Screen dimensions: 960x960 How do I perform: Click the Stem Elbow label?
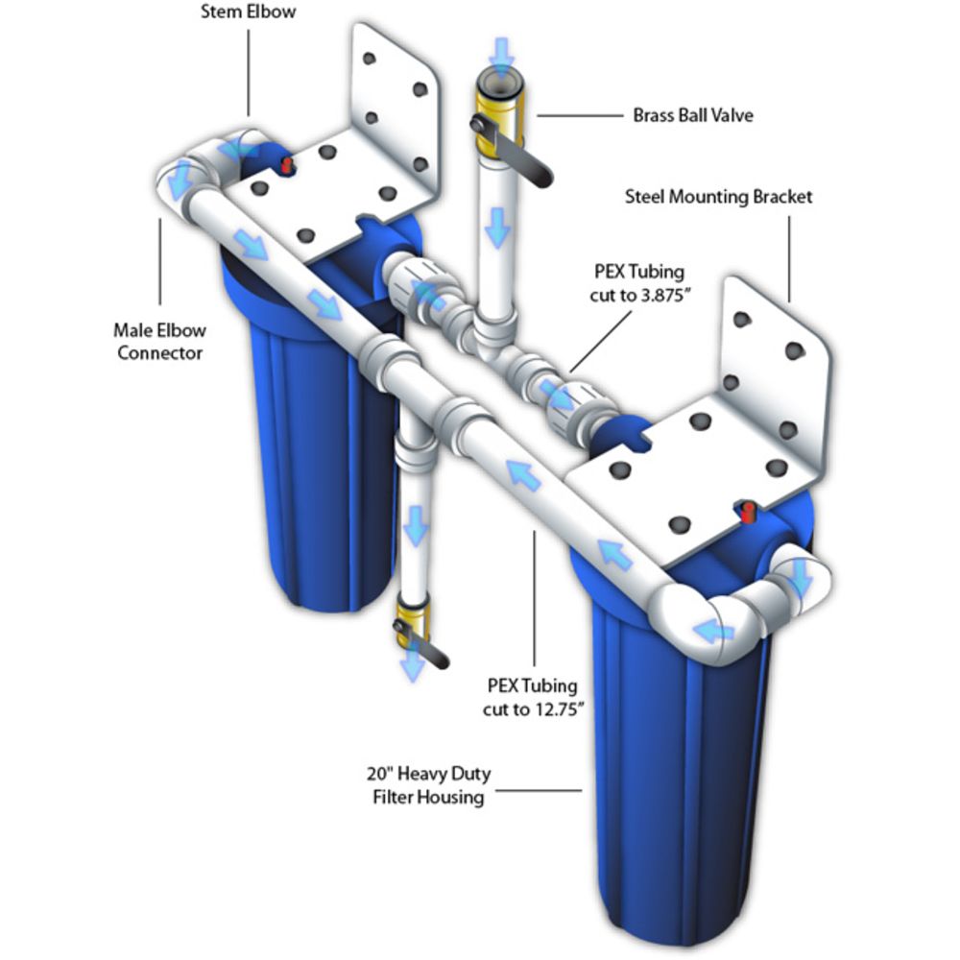(x=248, y=12)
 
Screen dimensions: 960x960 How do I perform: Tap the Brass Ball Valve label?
(x=693, y=115)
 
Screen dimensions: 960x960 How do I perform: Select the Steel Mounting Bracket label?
(x=718, y=197)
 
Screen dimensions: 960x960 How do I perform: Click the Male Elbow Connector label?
(x=159, y=342)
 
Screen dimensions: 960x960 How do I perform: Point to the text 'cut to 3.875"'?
(x=639, y=295)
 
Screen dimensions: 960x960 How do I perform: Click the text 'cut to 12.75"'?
(x=533, y=709)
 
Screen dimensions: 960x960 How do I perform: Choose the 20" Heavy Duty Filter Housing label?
(x=428, y=785)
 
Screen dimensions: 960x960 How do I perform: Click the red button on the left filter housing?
(x=286, y=165)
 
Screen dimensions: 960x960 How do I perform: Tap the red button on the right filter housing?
(x=748, y=513)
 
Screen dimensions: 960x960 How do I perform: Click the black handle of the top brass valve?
(x=515, y=153)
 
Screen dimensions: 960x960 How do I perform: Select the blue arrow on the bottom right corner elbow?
(x=712, y=630)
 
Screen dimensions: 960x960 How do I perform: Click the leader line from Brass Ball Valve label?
(x=581, y=115)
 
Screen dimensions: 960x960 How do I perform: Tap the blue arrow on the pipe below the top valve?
(x=497, y=228)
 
